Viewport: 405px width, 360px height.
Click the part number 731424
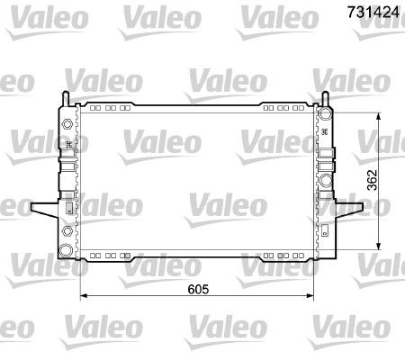(373, 12)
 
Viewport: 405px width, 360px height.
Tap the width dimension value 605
(198, 289)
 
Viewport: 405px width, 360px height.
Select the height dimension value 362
(372, 180)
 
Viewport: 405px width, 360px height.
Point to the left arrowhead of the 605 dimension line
(84, 296)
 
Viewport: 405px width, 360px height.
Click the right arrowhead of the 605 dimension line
(310, 296)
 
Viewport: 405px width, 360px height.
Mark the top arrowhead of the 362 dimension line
(379, 117)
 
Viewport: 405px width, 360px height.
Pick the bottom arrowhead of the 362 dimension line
(379, 246)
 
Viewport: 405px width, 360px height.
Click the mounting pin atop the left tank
(66, 98)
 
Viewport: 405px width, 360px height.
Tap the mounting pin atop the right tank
(326, 98)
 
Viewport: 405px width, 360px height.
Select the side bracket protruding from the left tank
(45, 210)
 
